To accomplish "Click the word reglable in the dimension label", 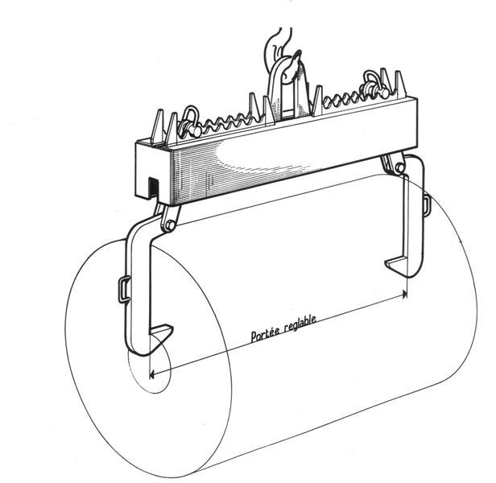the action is tap(300, 324).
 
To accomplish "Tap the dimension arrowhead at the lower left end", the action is tap(151, 375).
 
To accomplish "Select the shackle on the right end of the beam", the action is tap(376, 84).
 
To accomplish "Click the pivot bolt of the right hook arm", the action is tap(399, 166).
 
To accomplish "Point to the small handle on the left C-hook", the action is tap(123, 288).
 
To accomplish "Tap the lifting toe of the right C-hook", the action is tap(395, 265).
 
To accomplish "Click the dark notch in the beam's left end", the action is tap(153, 187).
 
